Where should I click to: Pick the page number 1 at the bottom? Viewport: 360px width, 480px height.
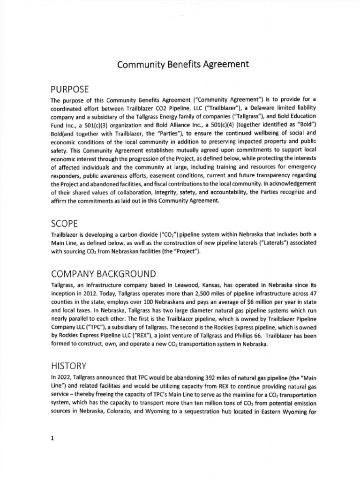[53, 438]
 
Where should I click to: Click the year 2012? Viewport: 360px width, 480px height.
[91, 293]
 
